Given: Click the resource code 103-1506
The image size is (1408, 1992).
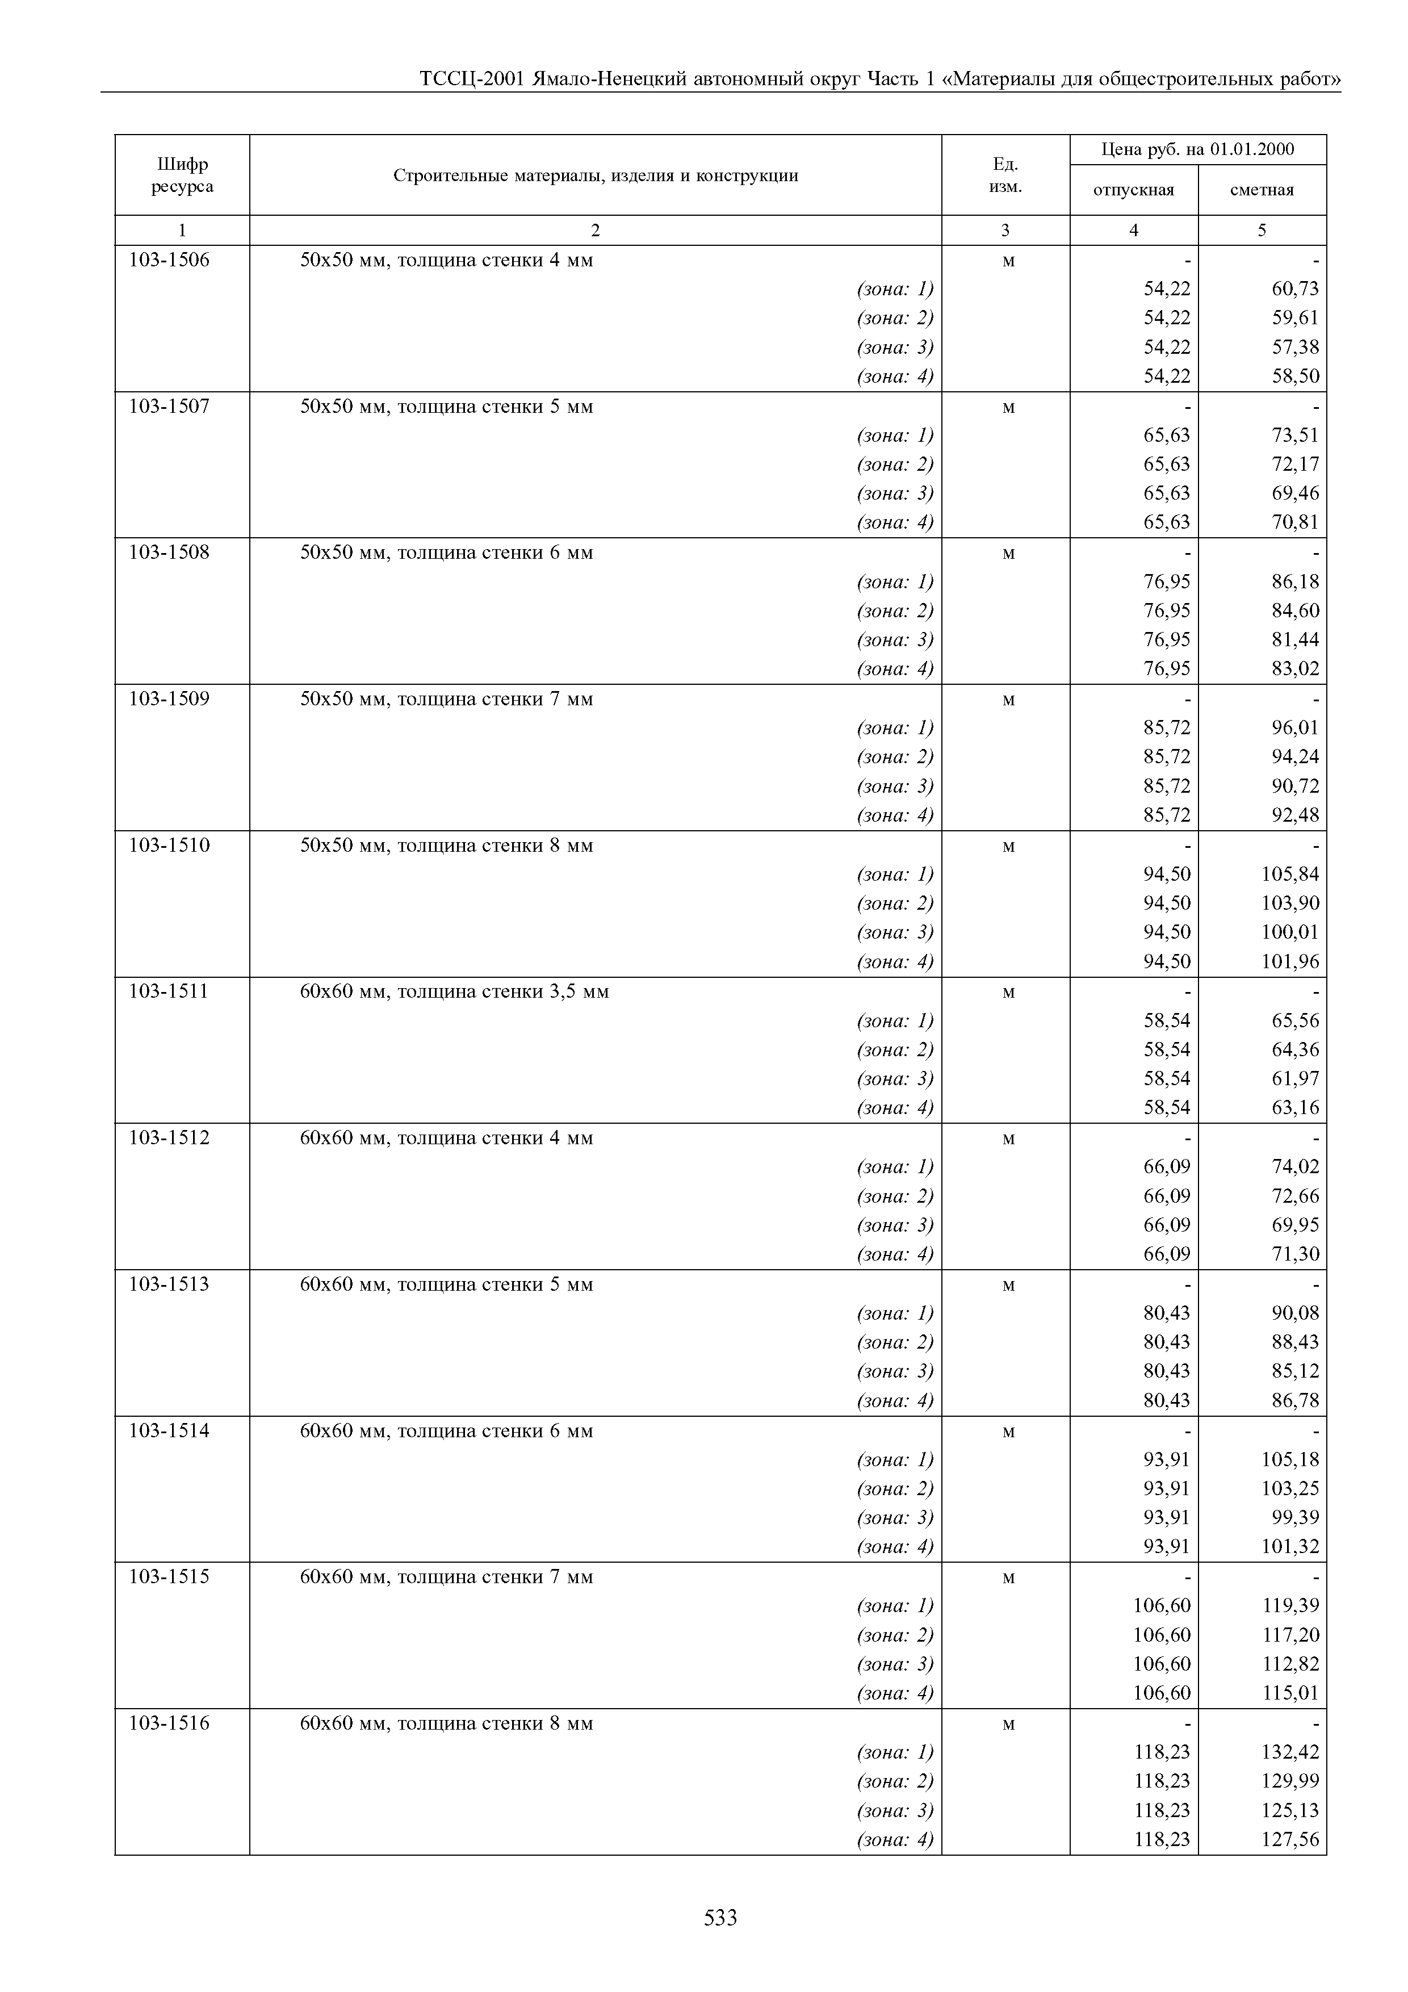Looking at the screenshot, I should pyautogui.click(x=169, y=260).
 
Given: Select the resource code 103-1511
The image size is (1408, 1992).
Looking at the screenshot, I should pyautogui.click(x=169, y=991).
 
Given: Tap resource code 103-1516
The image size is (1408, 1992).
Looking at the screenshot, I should pyautogui.click(x=169, y=1722).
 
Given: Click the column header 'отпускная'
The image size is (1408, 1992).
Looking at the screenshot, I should pyautogui.click(x=1133, y=190).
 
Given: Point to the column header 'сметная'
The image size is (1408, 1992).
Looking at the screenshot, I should pyautogui.click(x=1262, y=190).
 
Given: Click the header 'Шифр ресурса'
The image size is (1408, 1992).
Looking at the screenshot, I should pyautogui.click(x=182, y=175).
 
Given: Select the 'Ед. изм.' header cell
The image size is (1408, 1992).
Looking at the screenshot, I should pyautogui.click(x=1005, y=175).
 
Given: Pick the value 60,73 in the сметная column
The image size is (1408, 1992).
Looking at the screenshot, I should pyautogui.click(x=1295, y=289).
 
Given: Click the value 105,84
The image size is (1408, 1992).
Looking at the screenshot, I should pyautogui.click(x=1290, y=874).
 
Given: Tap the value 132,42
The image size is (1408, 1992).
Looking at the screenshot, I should pyautogui.click(x=1290, y=1752).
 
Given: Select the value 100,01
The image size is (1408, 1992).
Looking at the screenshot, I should pyautogui.click(x=1290, y=932).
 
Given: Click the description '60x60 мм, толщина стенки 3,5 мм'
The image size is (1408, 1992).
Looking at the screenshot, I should pyautogui.click(x=455, y=991).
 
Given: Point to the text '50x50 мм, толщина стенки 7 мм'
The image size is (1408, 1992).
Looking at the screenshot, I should pyautogui.click(x=447, y=698).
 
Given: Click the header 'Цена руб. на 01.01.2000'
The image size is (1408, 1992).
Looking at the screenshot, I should pyautogui.click(x=1197, y=149).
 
